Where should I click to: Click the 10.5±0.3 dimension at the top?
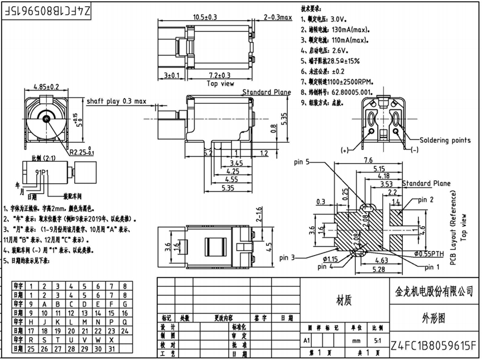[x=205, y=17]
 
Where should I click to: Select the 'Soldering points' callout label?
[x=445, y=140]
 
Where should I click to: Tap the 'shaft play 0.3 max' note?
[x=116, y=101]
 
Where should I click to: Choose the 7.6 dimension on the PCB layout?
[x=369, y=160]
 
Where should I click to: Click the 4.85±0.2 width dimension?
[x=46, y=87]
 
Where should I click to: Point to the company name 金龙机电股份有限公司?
[x=433, y=291]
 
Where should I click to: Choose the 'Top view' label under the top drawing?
[x=220, y=84]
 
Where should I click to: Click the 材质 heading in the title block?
[x=344, y=301]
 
